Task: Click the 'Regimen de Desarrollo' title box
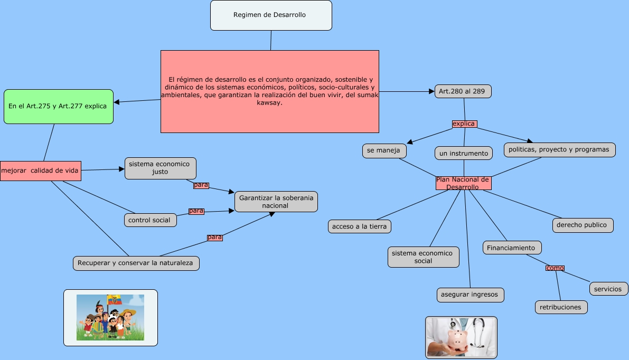coord(271,15)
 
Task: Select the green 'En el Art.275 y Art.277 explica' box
coord(59,107)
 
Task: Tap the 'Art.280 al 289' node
coord(463,91)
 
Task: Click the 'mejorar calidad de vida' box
coord(40,170)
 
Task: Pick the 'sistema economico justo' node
coord(161,168)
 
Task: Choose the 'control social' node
coord(150,220)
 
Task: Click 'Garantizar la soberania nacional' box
coord(276,202)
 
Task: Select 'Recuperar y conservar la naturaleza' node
coord(136,263)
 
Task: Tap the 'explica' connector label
coord(464,124)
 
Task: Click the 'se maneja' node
coord(384,150)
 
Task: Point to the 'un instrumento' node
coord(464,153)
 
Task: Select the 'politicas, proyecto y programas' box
coord(559,150)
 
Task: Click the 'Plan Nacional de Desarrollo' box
coord(463,183)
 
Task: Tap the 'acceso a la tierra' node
coord(359,226)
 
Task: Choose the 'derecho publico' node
coord(583,225)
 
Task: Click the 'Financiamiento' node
coord(511,248)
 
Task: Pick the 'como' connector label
coord(555,268)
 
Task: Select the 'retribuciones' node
coord(561,307)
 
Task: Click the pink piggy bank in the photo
coord(458,339)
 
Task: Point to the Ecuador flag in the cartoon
coord(114,300)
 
